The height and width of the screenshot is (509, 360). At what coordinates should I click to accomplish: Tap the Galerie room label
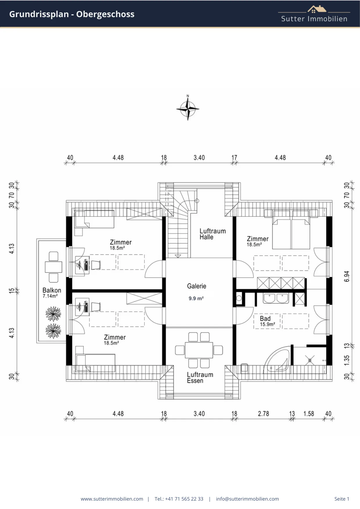point(197,286)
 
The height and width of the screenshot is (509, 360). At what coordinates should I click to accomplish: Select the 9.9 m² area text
point(196,298)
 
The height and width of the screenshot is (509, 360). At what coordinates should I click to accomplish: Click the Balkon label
point(52,290)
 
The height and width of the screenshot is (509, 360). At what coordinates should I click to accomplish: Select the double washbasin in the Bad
point(276,298)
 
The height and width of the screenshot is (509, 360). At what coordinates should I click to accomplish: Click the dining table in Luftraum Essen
point(199,350)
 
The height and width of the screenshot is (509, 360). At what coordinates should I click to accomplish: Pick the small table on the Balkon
point(53,267)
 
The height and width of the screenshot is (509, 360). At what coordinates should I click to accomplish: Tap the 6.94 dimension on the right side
point(347,276)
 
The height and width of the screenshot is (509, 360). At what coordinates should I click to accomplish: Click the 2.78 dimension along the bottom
point(263,414)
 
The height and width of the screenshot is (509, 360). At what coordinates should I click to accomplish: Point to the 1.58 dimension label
point(309,414)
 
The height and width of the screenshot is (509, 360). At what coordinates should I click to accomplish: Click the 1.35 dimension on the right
point(347,361)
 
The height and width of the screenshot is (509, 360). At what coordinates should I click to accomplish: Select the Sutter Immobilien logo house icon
point(317,9)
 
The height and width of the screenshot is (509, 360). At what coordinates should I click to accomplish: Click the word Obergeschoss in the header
point(105,14)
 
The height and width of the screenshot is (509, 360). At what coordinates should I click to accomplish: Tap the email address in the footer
point(247,499)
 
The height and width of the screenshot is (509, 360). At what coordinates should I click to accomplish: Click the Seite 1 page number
point(342,499)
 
